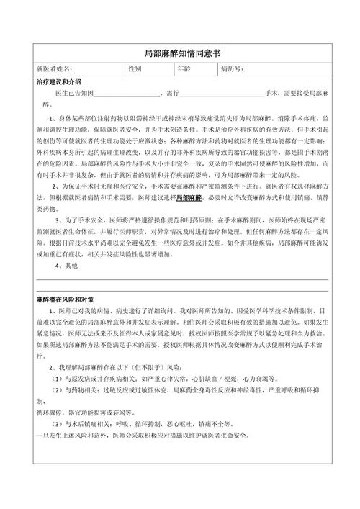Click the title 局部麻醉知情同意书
180,53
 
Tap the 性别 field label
135,70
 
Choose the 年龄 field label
184,70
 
